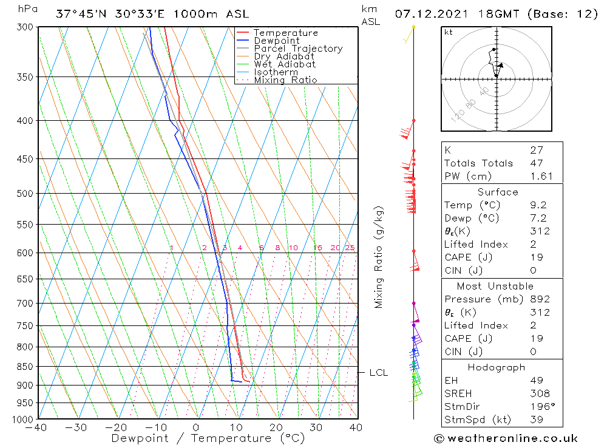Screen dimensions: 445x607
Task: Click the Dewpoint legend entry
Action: [276, 41]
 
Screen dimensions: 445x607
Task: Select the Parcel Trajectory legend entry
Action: [297, 49]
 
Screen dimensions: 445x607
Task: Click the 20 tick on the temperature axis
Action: [276, 427]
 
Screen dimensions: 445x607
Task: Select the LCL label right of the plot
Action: [378, 373]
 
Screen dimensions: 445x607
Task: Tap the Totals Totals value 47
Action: [537, 163]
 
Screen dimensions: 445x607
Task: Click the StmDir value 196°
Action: [540, 407]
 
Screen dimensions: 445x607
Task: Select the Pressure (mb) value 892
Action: [539, 299]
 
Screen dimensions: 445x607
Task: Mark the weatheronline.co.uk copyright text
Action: [506, 438]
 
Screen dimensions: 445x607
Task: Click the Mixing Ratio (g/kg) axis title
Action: [379, 257]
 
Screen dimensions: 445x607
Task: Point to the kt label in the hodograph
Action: [449, 32]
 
